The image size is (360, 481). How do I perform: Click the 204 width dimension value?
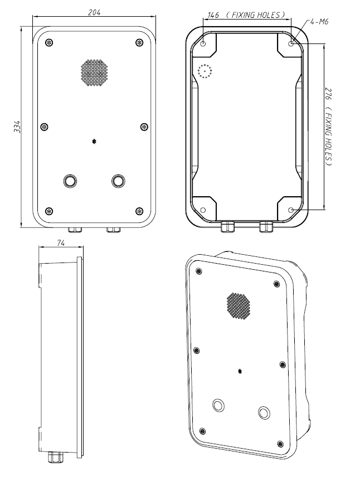[94, 12]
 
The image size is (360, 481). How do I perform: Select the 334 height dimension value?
[17, 127]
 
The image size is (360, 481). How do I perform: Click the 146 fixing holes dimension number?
[212, 15]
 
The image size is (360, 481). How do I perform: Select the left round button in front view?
[70, 181]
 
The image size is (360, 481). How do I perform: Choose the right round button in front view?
[118, 181]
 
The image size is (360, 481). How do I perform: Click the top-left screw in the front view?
[49, 43]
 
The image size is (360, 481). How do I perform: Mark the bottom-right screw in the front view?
[139, 211]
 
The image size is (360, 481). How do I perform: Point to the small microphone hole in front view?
[94, 141]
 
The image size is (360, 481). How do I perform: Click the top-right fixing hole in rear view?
[291, 43]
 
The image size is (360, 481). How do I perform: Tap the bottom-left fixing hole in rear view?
[203, 210]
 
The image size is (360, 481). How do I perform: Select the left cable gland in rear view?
[228, 227]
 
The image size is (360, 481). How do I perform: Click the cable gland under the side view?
[55, 456]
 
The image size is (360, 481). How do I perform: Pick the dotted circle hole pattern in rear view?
[205, 71]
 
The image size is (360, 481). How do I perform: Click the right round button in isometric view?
[264, 412]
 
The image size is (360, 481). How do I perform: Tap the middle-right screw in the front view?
[144, 127]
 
